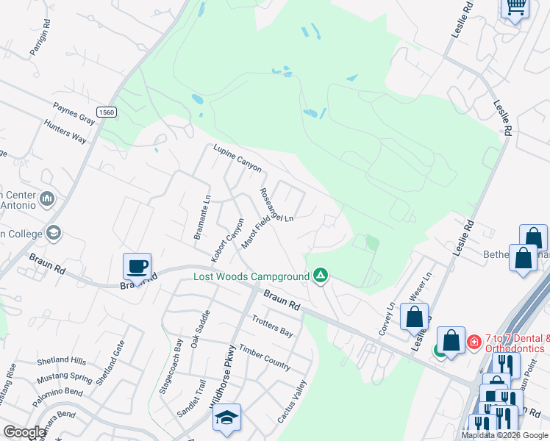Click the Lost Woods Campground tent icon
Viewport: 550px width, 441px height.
coord(320,276)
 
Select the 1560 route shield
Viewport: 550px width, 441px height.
coord(107,112)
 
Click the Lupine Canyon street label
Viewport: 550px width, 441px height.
coord(238,158)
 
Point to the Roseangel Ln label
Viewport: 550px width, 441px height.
coord(276,205)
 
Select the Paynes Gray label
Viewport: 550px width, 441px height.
coord(74,113)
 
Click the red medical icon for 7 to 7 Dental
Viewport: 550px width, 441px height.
coord(474,342)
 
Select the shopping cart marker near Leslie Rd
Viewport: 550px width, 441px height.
coord(515,7)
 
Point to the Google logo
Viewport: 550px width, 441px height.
coord(25,432)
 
